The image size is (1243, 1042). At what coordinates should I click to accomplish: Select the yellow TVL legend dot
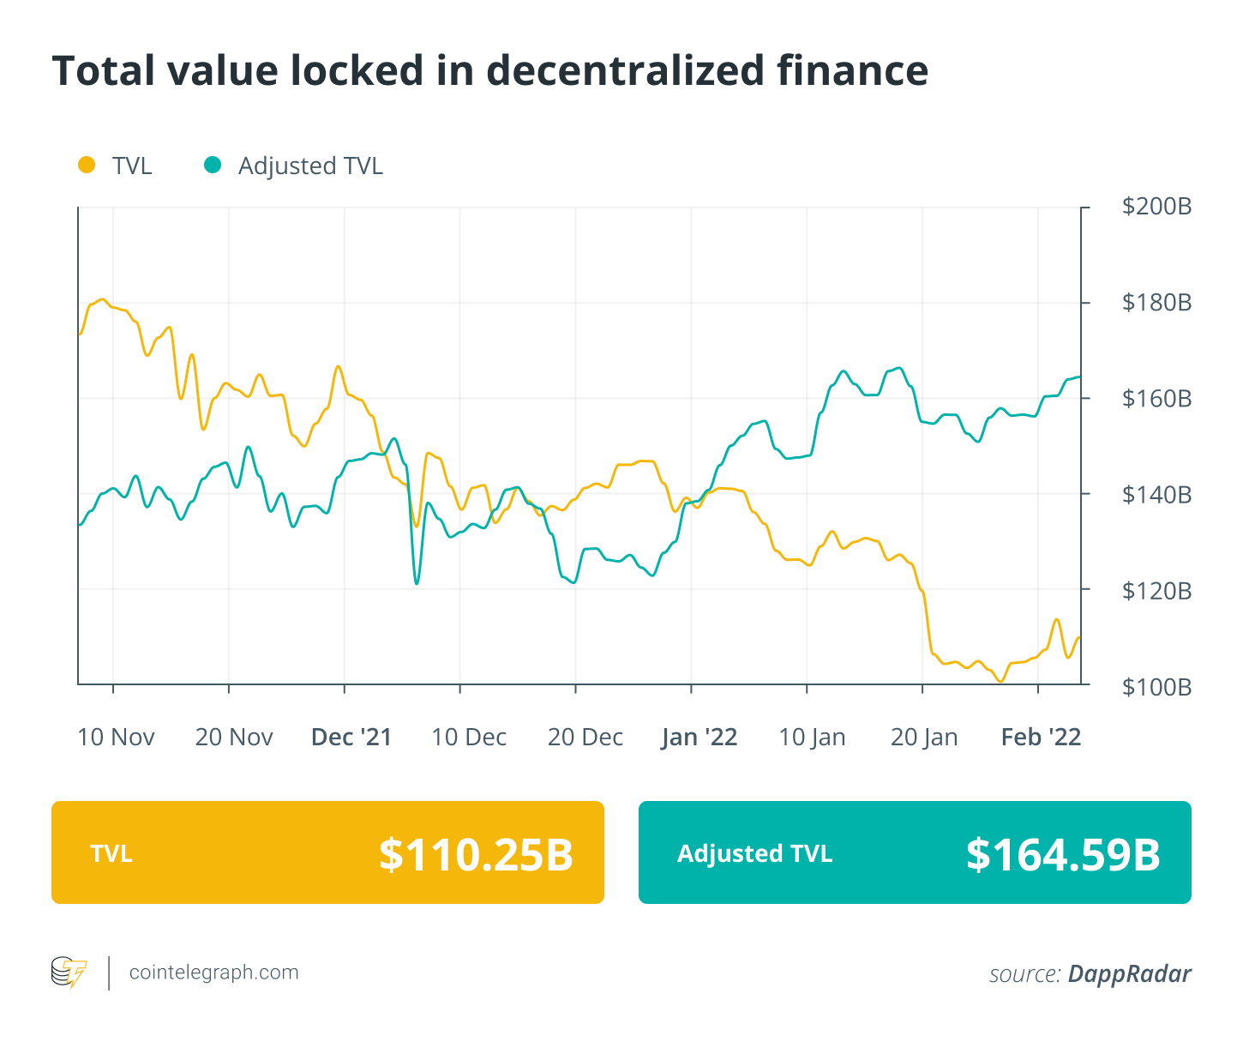click(x=87, y=165)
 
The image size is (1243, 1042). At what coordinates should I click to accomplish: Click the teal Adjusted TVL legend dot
click(x=213, y=165)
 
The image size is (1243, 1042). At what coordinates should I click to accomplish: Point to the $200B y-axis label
click(x=1156, y=207)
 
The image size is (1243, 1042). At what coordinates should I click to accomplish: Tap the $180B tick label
click(x=1156, y=303)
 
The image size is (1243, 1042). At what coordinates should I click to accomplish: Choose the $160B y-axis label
click(x=1156, y=399)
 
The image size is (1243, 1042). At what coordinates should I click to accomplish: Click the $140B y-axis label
click(x=1156, y=495)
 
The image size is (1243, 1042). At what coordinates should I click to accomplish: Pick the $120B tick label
click(x=1156, y=591)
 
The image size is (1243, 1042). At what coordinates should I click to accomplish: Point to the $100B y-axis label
click(x=1156, y=687)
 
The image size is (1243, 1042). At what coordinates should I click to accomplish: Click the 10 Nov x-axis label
click(x=116, y=738)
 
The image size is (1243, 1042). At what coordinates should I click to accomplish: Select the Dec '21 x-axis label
click(x=351, y=738)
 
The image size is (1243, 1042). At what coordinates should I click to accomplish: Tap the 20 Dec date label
click(x=585, y=738)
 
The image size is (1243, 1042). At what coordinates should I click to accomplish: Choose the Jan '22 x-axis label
click(x=700, y=738)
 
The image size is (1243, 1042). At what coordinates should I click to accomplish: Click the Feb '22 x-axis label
click(x=1041, y=738)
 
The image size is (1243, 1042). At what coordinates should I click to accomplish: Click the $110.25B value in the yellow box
click(x=476, y=854)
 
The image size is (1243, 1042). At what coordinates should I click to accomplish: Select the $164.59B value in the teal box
click(x=1063, y=854)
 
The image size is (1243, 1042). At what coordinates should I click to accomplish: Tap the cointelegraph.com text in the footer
click(x=213, y=973)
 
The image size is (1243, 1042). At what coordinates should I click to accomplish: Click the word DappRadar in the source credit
click(x=1129, y=974)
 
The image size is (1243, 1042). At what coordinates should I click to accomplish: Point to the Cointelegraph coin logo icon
click(x=69, y=973)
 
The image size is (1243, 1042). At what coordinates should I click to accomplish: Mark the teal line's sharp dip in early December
click(x=417, y=582)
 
